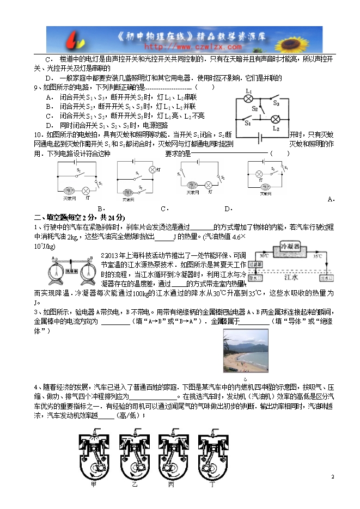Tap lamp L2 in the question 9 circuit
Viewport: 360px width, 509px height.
tap(276, 119)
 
